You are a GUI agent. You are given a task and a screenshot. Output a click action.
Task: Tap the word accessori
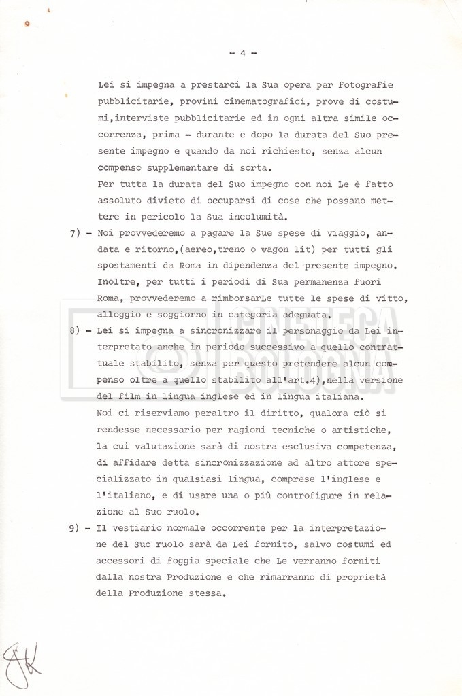(x=125, y=561)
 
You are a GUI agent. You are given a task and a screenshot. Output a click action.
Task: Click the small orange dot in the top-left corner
(x=27, y=24)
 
